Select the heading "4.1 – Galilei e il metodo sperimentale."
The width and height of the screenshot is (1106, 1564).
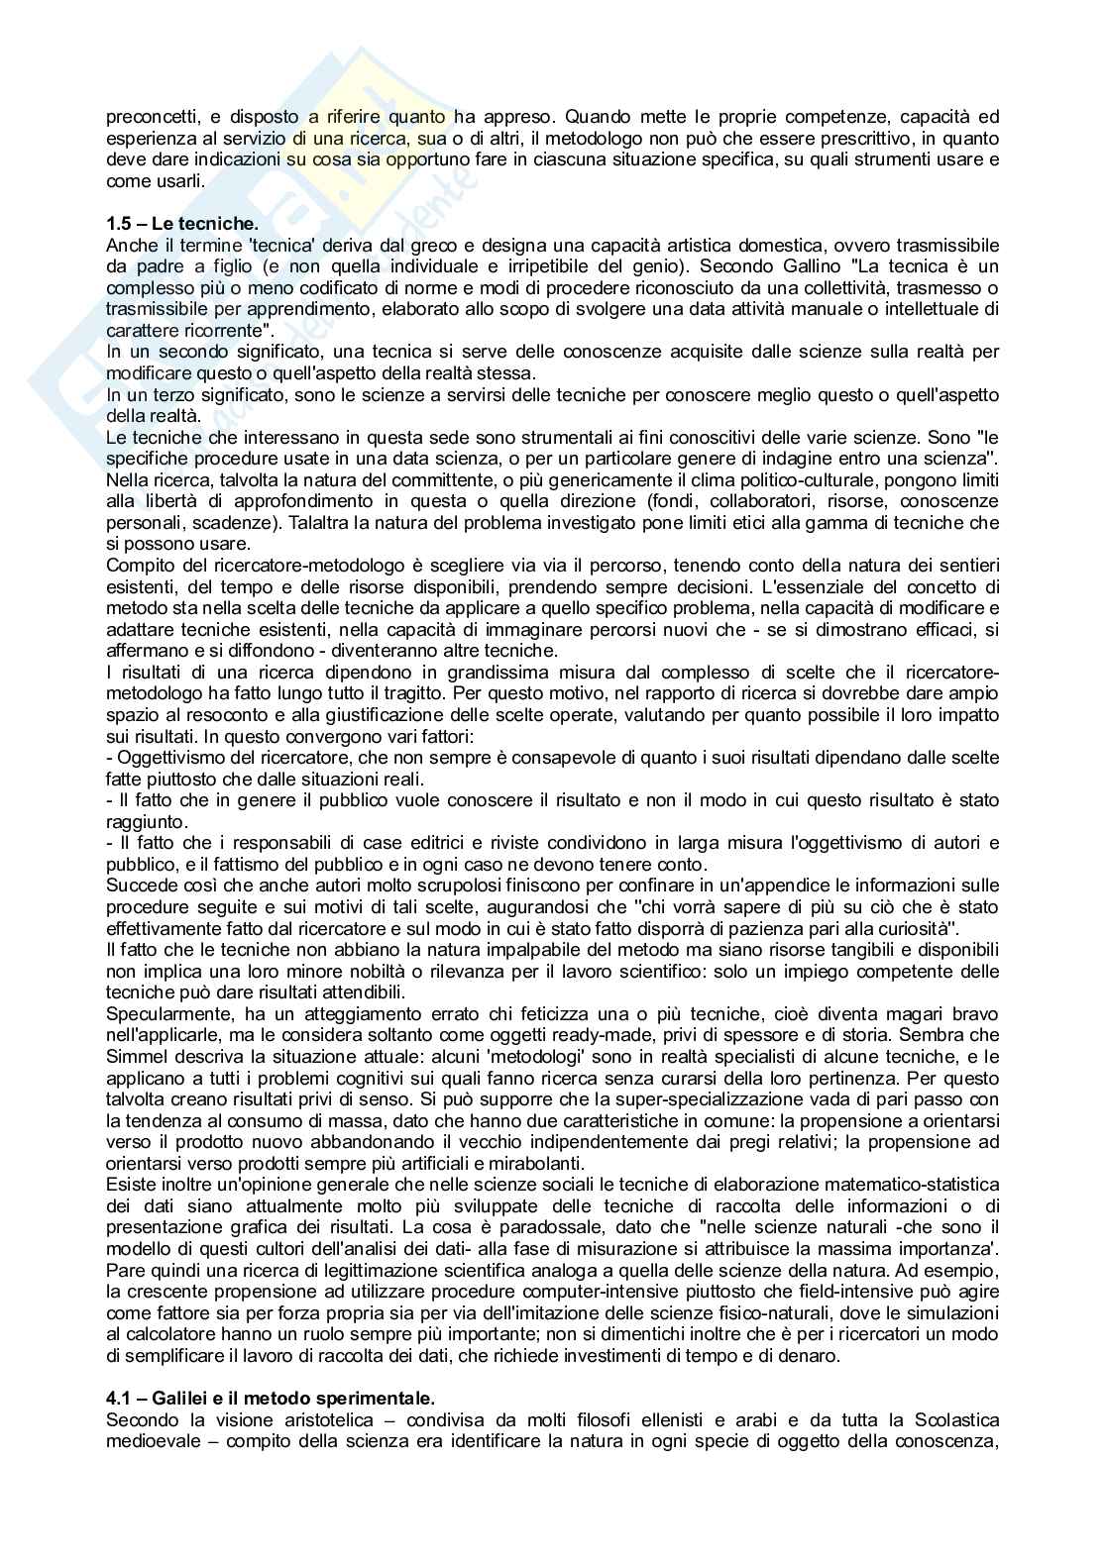click(x=270, y=1400)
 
